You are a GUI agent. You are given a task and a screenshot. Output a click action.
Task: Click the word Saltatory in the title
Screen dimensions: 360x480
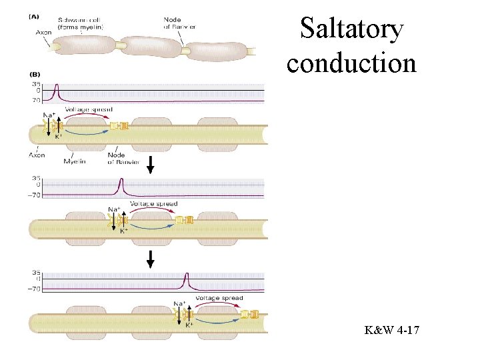coord(352,29)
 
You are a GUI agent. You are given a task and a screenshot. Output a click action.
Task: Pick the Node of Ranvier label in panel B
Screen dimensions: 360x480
coord(116,158)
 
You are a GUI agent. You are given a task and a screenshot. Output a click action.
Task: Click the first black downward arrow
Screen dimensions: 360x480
coord(151,165)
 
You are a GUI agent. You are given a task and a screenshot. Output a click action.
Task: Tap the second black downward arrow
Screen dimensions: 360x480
coord(151,259)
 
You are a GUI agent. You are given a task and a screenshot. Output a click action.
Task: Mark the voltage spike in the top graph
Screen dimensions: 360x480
coord(57,91)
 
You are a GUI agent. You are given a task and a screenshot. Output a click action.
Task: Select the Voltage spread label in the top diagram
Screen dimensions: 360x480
coord(89,109)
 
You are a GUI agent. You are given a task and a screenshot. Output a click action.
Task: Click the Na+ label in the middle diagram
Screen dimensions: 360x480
coord(114,209)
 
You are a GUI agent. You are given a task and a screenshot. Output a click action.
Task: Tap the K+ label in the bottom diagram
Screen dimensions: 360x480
coord(189,325)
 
